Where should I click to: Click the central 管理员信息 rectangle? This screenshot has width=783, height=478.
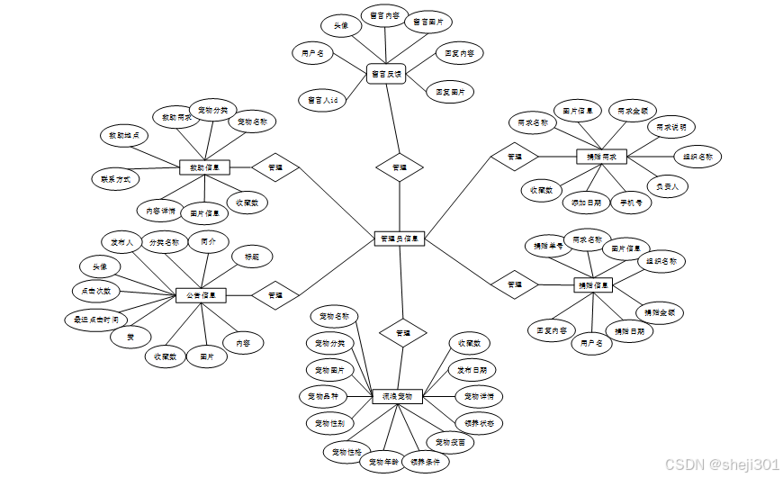(399, 239)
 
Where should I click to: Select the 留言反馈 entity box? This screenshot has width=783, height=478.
(387, 75)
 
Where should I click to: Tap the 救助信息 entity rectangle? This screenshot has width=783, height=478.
(205, 167)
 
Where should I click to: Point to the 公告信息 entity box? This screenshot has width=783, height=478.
(201, 294)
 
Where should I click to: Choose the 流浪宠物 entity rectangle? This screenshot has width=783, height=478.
(397, 396)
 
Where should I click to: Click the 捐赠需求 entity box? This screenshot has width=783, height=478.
(600, 157)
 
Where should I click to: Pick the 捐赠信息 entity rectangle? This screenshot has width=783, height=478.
(593, 285)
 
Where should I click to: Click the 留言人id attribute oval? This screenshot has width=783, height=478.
(322, 100)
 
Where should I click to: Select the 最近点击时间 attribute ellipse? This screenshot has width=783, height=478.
(95, 319)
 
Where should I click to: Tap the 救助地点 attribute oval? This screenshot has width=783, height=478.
(123, 136)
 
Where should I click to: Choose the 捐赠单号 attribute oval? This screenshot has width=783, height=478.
(548, 245)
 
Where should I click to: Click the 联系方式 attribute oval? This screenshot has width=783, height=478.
(116, 179)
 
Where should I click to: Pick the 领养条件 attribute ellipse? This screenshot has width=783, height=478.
(422, 462)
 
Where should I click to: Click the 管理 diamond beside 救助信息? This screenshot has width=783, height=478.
(275, 167)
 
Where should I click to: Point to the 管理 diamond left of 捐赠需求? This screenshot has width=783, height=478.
(514, 157)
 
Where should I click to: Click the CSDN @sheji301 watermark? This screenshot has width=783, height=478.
(721, 464)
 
